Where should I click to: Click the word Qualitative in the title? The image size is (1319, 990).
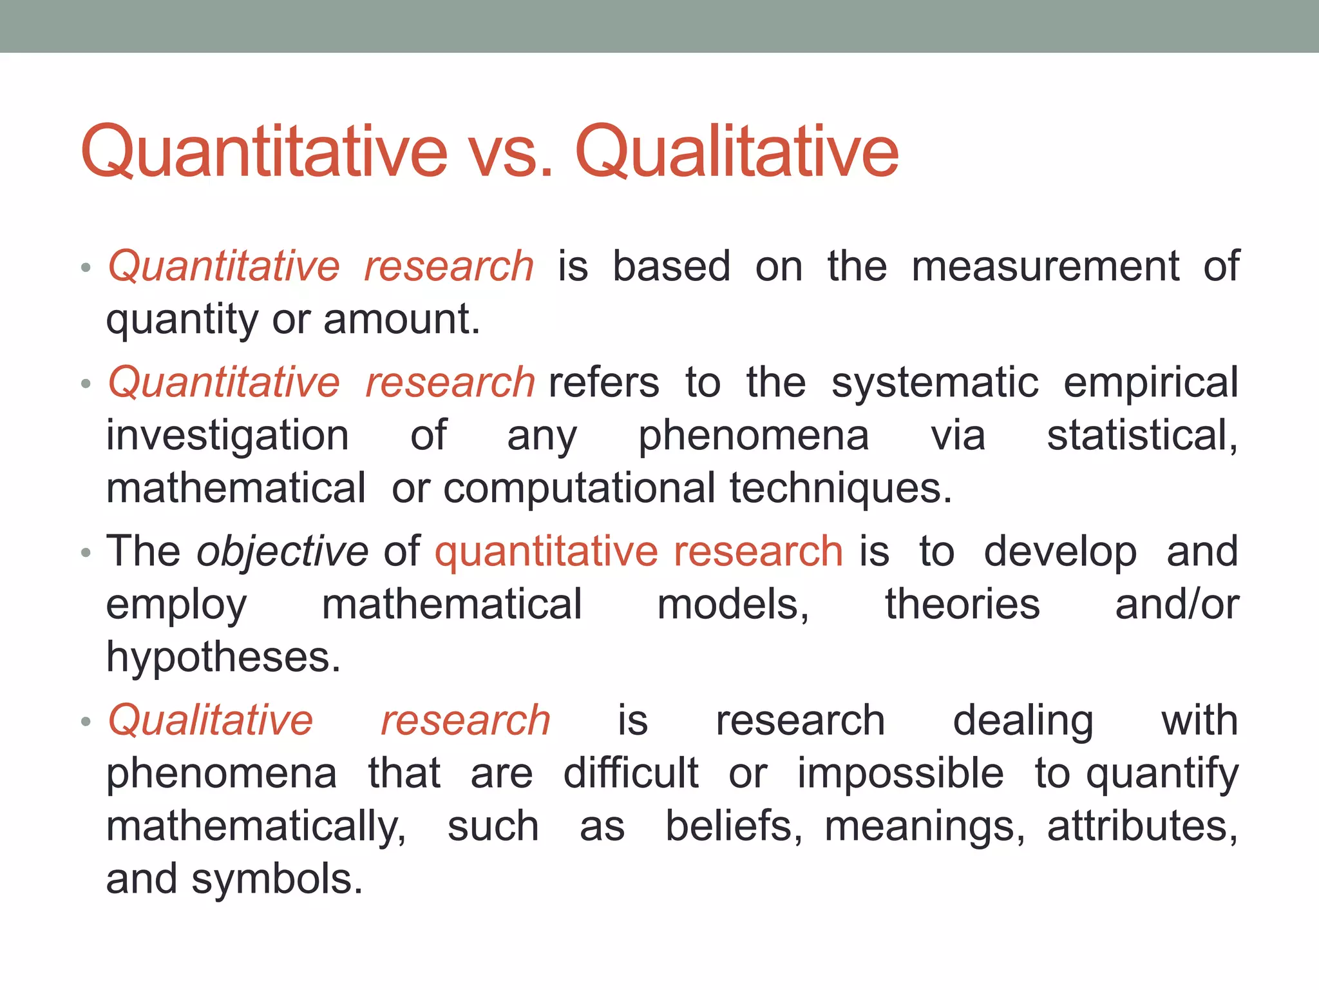coord(736,152)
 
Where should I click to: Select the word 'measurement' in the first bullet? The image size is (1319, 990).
coord(1045,266)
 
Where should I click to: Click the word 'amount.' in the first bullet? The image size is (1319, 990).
coord(402,319)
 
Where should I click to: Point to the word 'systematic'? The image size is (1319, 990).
coord(935,382)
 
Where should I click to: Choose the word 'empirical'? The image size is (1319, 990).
coord(1150,383)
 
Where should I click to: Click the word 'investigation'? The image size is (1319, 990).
coord(227,436)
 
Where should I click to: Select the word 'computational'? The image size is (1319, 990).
coord(579,488)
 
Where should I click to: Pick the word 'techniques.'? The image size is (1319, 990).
coord(840,488)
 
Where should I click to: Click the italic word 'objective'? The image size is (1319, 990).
coord(282,552)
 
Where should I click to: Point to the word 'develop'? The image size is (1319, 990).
coord(1060,552)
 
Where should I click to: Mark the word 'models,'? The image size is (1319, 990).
coord(733,605)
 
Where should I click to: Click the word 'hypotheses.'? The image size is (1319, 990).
coord(223,658)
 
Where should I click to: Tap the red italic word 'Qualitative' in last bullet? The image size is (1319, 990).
coord(210,720)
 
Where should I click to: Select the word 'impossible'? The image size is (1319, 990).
coord(900,773)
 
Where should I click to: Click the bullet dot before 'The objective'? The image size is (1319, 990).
coord(86,553)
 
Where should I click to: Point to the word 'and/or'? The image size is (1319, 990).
coord(1177,605)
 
